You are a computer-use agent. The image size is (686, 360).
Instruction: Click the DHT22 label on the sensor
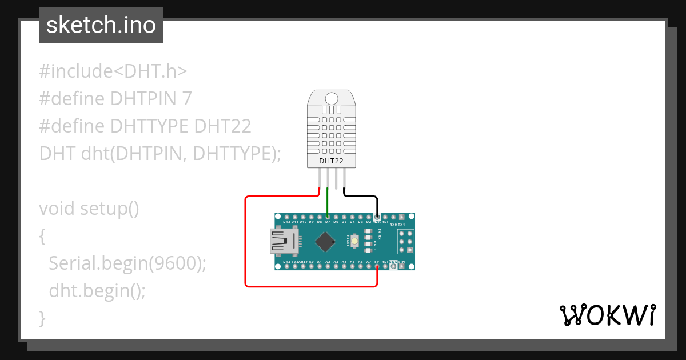pyautogui.click(x=332, y=162)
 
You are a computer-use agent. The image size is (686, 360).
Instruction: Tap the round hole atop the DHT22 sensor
pyautogui.click(x=332, y=99)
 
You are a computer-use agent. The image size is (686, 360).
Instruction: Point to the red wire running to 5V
pyautogui.click(x=246, y=240)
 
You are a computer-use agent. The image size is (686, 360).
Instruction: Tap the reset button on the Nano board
pyautogui.click(x=355, y=241)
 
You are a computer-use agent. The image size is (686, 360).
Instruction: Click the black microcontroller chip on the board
pyautogui.click(x=325, y=241)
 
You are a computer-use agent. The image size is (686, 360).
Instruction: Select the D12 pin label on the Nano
pyautogui.click(x=286, y=221)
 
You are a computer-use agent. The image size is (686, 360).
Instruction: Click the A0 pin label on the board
pyautogui.click(x=311, y=262)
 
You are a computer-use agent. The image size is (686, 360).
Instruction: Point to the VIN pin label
pyautogui.click(x=401, y=262)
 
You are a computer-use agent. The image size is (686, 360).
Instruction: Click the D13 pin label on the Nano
pyautogui.click(x=286, y=262)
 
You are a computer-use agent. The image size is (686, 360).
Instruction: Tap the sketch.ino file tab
pyautogui.click(x=101, y=25)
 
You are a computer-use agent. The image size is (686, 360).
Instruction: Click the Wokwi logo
pyautogui.click(x=607, y=315)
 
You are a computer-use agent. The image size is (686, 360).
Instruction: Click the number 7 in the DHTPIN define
pyautogui.click(x=186, y=99)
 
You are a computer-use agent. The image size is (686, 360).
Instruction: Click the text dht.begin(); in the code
pyautogui.click(x=97, y=290)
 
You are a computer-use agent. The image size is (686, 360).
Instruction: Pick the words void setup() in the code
pyautogui.click(x=89, y=208)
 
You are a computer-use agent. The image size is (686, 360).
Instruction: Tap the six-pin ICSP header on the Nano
pyautogui.click(x=406, y=241)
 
